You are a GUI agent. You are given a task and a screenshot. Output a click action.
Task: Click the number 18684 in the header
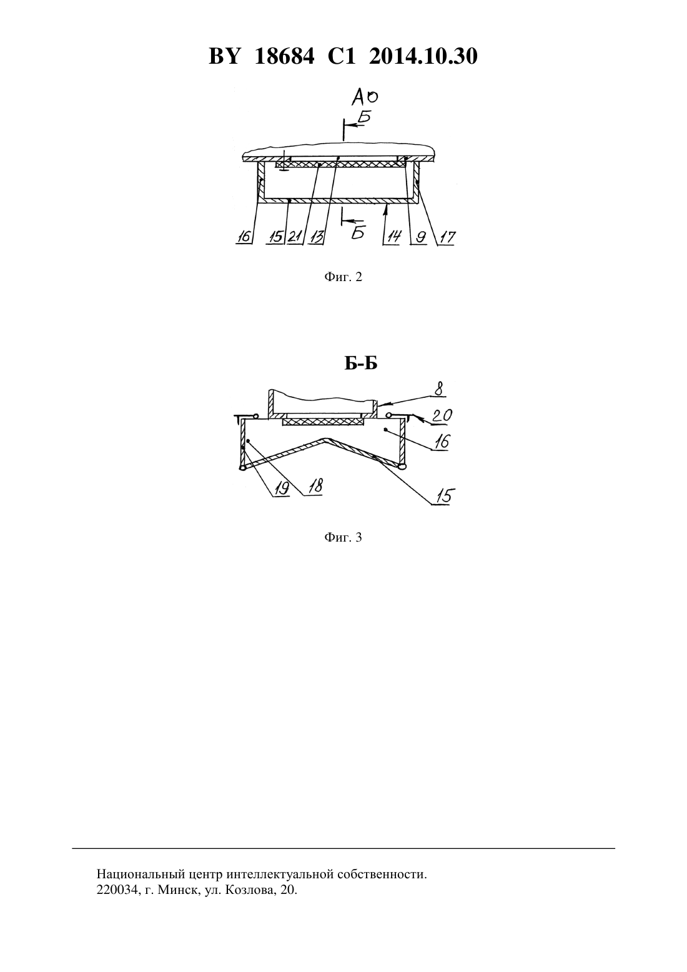coord(284,56)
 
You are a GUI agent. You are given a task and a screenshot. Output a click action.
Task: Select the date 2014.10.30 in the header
coord(423,56)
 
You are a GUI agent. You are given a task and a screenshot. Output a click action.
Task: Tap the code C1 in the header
coord(342,56)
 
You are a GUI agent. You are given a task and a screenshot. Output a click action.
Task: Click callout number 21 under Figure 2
coord(295,237)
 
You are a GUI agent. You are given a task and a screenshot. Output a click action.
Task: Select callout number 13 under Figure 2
coord(317,237)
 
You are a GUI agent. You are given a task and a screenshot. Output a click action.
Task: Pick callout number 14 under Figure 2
coord(393,237)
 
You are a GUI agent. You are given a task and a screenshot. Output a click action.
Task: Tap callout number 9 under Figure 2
coord(420,237)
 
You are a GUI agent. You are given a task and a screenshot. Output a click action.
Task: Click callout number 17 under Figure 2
coord(447,237)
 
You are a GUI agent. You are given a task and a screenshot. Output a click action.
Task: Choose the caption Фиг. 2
coord(343,277)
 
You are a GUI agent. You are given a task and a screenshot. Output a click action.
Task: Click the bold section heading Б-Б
coord(361,364)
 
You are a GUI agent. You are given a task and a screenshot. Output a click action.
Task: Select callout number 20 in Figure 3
coord(442,415)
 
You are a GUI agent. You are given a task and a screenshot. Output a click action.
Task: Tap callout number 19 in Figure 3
coord(281,488)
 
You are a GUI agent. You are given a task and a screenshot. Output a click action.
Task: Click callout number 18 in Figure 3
coord(315,485)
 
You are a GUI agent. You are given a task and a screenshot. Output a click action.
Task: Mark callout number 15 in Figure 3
coord(446,495)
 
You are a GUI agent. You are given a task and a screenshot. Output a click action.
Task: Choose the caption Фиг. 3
coord(343,538)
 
